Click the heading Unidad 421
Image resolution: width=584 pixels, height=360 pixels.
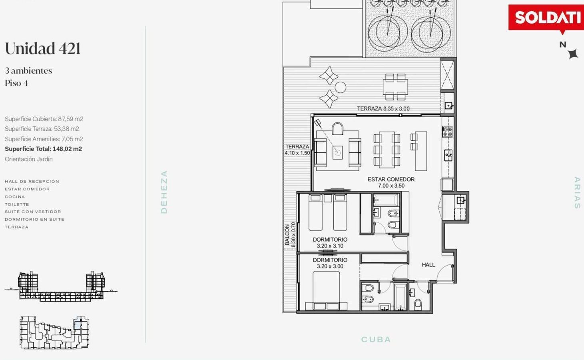click(43, 48)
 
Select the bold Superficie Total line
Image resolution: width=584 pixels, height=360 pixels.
click(43, 149)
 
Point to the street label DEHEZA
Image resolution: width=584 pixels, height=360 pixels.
click(164, 192)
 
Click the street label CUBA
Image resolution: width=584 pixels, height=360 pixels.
click(376, 339)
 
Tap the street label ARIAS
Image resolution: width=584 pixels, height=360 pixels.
click(577, 193)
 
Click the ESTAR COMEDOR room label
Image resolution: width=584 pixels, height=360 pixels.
click(391, 182)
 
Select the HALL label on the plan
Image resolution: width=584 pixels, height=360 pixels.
click(429, 265)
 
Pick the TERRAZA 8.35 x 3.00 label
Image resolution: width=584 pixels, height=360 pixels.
click(383, 108)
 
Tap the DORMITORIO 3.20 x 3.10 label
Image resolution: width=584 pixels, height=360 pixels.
click(330, 243)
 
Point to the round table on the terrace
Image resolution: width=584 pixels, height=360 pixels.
click(340, 87)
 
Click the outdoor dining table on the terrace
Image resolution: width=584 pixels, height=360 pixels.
click(395, 87)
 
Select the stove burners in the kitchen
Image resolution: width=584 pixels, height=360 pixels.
click(447, 132)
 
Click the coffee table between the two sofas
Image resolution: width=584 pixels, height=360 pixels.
click(337, 152)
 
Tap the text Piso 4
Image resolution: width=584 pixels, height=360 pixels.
click(16, 83)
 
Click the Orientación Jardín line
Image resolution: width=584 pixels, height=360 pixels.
click(29, 159)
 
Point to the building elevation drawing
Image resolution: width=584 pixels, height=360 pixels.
click(61, 286)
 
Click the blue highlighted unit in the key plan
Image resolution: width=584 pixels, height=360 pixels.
click(78, 325)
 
